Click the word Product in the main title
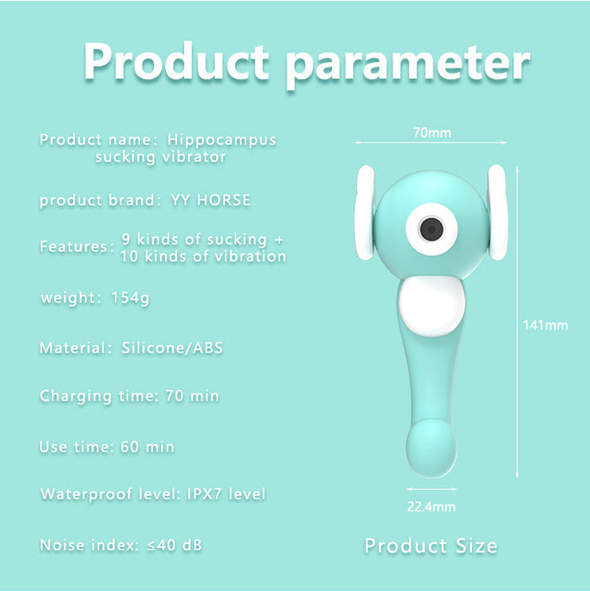click(x=176, y=61)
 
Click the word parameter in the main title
click(x=408, y=67)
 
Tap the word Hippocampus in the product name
click(x=222, y=141)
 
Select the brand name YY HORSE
click(x=211, y=200)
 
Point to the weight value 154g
click(x=131, y=298)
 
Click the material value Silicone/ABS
click(x=173, y=348)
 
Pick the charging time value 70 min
click(x=192, y=396)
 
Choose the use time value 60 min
click(x=147, y=447)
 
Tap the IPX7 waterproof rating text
click(x=205, y=493)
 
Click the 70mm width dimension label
click(x=432, y=133)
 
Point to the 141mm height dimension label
click(x=545, y=325)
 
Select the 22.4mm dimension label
click(x=432, y=507)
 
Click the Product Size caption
click(x=432, y=546)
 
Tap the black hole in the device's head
click(x=432, y=229)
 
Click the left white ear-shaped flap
click(x=364, y=213)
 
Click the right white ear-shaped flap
click(x=497, y=213)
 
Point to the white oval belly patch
click(x=432, y=306)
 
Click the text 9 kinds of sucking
click(x=194, y=240)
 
